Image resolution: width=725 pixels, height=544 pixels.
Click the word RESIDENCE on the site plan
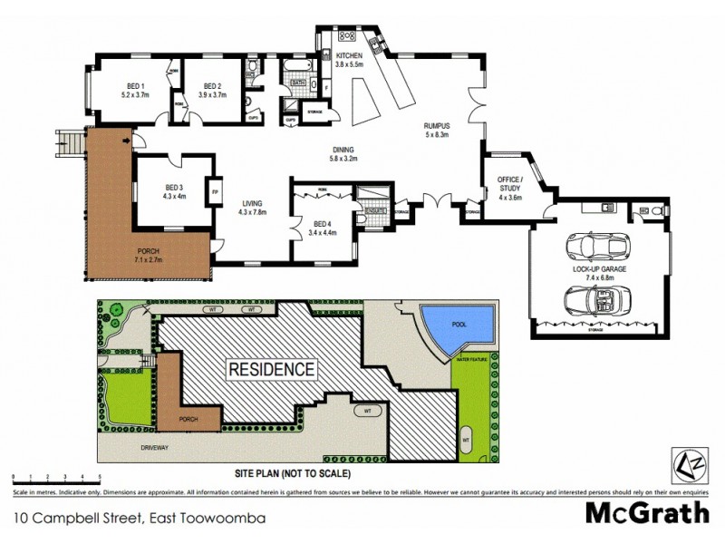coord(270,370)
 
